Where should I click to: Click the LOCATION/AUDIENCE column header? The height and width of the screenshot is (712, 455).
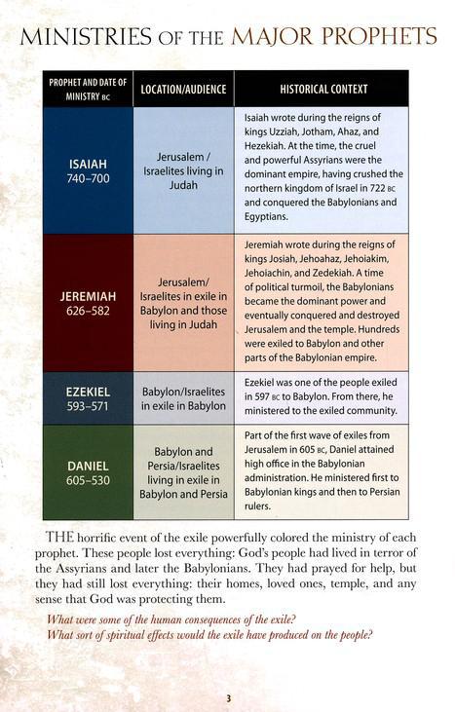click(x=183, y=89)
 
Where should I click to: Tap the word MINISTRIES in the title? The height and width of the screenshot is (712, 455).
click(x=83, y=38)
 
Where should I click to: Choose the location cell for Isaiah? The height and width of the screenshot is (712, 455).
click(x=183, y=169)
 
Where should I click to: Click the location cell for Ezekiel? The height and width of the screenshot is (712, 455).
click(x=183, y=397)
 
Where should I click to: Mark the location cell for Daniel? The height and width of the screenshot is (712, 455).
click(x=183, y=472)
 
